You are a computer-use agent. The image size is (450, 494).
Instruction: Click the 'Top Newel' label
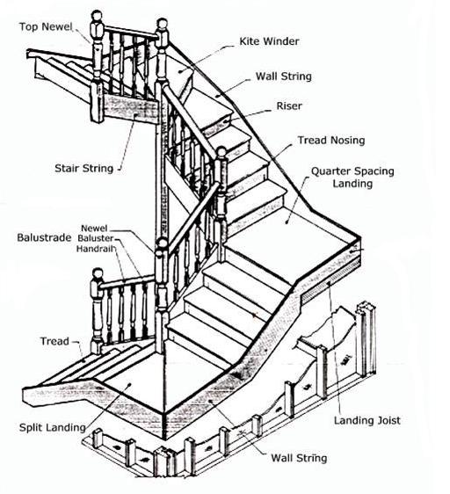tap(46, 26)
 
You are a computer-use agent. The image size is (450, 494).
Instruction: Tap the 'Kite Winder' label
tap(269, 41)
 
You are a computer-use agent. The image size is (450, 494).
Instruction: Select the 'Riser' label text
tap(289, 105)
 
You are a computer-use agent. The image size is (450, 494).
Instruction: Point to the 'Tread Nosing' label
tap(331, 140)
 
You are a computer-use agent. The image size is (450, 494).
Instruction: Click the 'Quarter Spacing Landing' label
tap(352, 177)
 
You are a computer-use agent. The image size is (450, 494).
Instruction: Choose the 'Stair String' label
tap(83, 168)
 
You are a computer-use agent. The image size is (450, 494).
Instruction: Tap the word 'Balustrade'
tap(44, 237)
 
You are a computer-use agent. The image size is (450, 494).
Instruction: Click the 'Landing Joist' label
tap(367, 420)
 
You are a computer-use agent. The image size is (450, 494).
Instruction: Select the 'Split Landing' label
tap(53, 427)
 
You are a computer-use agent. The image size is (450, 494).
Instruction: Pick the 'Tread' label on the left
tap(54, 341)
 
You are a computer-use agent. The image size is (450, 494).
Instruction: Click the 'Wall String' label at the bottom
tap(299, 458)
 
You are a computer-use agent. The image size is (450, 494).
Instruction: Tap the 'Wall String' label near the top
tap(284, 76)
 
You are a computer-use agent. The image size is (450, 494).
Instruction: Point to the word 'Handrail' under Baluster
tap(96, 249)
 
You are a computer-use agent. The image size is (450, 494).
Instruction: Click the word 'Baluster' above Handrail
tap(96, 238)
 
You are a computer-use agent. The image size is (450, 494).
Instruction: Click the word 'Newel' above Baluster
tap(94, 228)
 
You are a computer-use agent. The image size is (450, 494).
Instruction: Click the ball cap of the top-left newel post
tap(97, 16)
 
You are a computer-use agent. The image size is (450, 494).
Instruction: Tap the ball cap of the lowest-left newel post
tap(98, 273)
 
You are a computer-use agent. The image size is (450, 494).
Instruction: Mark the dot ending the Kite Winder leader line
tap(180, 71)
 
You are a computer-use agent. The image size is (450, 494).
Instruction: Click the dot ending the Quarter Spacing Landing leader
tap(287, 222)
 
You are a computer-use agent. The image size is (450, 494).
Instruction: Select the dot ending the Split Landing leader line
tap(129, 384)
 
